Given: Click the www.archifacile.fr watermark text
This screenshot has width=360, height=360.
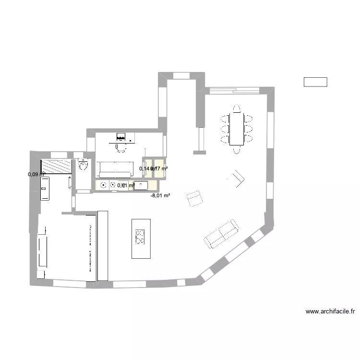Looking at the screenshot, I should click(330, 312).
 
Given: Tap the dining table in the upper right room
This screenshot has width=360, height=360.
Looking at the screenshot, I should click(236, 129).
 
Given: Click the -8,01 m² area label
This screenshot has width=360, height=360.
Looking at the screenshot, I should click(160, 195).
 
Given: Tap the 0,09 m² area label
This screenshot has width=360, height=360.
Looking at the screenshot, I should click(36, 174).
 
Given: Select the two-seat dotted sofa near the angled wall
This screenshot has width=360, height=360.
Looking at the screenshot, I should click(221, 234).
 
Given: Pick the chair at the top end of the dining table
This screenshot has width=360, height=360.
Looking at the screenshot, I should click(236, 108).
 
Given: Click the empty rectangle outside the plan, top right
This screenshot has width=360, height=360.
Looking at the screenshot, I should click(315, 82).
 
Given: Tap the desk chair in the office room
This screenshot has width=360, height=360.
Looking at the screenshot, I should click(120, 148).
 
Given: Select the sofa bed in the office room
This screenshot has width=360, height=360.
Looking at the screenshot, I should click(115, 169).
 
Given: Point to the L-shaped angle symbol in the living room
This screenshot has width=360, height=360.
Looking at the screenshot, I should click(239, 179).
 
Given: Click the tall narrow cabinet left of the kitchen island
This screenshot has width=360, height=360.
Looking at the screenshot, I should click(103, 246).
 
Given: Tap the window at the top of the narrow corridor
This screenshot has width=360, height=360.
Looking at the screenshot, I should click(181, 75).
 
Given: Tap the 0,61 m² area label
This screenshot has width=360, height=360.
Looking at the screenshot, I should click(126, 185).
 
